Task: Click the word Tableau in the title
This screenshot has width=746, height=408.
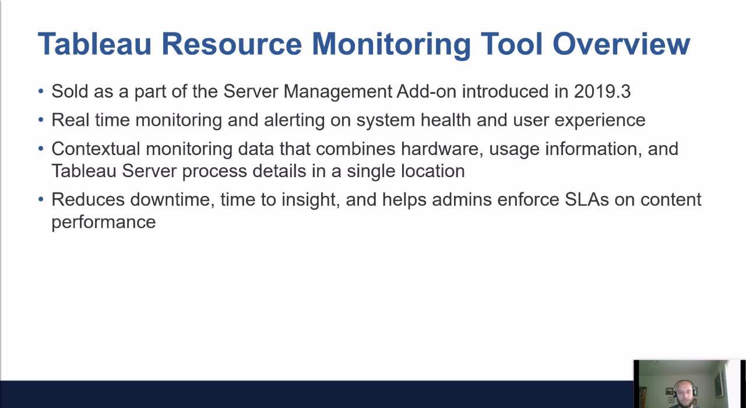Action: pos(94,44)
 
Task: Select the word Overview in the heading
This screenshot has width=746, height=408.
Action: pos(621,44)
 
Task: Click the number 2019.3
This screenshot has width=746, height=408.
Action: pos(602,92)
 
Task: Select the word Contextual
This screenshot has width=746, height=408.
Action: pos(96,149)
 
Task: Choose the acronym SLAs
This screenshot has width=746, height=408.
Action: pos(587,199)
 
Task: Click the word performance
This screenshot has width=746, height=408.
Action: pos(103,223)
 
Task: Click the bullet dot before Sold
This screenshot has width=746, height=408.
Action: pos(41,92)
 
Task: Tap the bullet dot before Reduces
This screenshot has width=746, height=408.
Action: pos(41,199)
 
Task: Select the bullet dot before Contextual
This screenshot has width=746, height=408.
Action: pos(41,149)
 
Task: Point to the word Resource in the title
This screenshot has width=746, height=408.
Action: pos(231,44)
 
